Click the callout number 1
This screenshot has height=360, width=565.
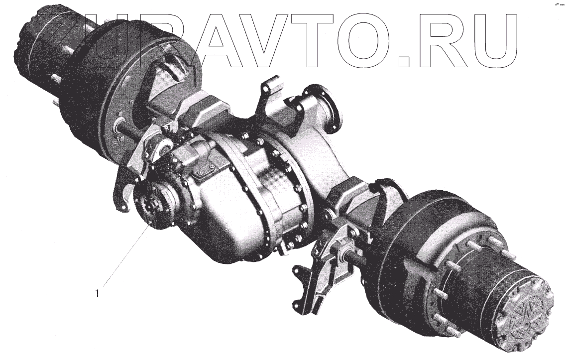[x=97, y=293]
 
